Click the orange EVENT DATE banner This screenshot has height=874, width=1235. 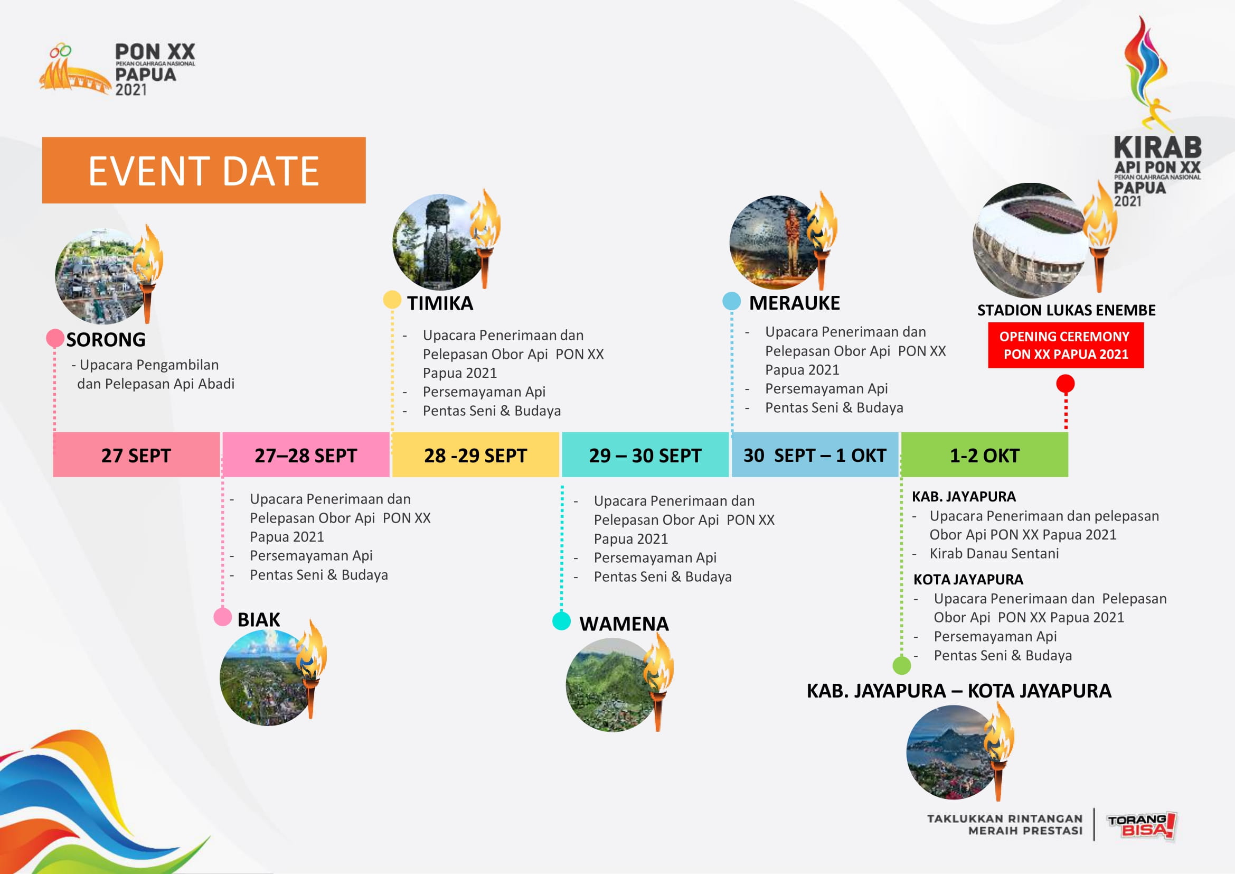(204, 170)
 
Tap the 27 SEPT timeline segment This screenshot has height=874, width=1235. (136, 455)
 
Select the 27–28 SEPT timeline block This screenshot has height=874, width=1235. (306, 455)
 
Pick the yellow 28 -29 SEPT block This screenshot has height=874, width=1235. (476, 455)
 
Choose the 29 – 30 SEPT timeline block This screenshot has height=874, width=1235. (645, 455)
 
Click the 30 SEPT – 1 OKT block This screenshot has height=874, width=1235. (815, 455)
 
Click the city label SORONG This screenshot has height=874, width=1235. (106, 340)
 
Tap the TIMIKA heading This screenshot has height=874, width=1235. (440, 303)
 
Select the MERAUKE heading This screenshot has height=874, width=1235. (795, 303)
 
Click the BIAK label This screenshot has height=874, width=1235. (259, 619)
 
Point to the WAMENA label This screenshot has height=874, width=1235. (624, 624)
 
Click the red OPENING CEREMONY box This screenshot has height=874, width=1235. (1066, 345)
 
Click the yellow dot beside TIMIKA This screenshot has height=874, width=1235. (392, 300)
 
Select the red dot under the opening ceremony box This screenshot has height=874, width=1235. (1066, 384)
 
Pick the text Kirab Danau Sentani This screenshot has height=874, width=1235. (994, 553)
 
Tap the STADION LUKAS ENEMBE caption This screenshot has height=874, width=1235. (1066, 310)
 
